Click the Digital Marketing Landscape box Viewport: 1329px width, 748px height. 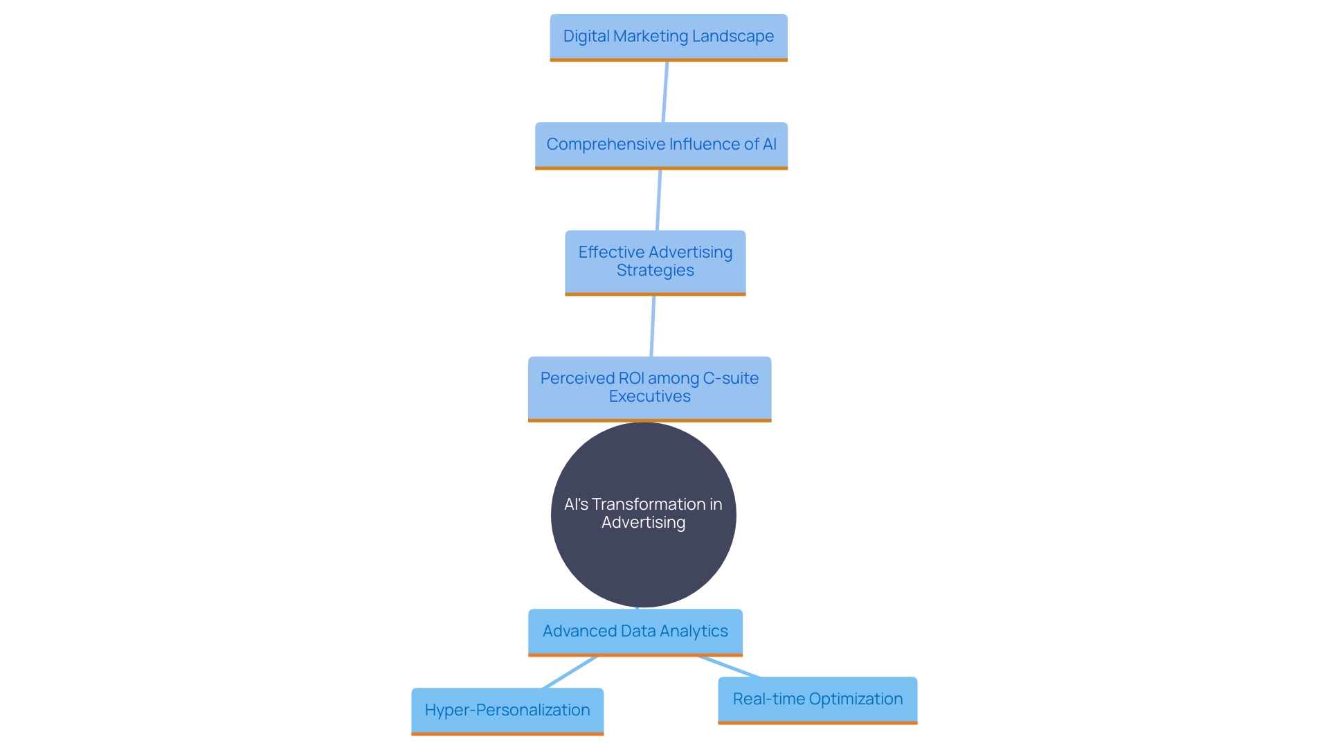[x=668, y=37]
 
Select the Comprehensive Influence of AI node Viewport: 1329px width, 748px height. [x=661, y=145]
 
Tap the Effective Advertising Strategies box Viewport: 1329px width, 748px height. [x=655, y=262]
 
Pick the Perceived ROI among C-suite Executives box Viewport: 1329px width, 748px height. [x=649, y=388]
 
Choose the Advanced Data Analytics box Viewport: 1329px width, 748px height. [x=635, y=631]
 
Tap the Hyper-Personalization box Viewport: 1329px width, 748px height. [x=507, y=710]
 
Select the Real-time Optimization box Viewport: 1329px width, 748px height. [x=817, y=699]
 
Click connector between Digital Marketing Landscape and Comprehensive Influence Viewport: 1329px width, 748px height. [x=665, y=91]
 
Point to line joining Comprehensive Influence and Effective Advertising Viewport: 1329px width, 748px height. [x=659, y=199]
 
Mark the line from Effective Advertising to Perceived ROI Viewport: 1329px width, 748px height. [x=653, y=326]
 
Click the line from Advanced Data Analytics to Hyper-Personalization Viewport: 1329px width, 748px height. [x=570, y=672]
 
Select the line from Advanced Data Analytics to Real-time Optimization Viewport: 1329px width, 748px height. [x=729, y=666]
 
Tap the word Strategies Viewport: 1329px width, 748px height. [x=655, y=271]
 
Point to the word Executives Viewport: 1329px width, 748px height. [x=649, y=397]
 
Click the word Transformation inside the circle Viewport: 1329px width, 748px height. [x=648, y=504]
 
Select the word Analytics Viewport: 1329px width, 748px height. [x=694, y=631]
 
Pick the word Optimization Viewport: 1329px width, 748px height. [x=856, y=699]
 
